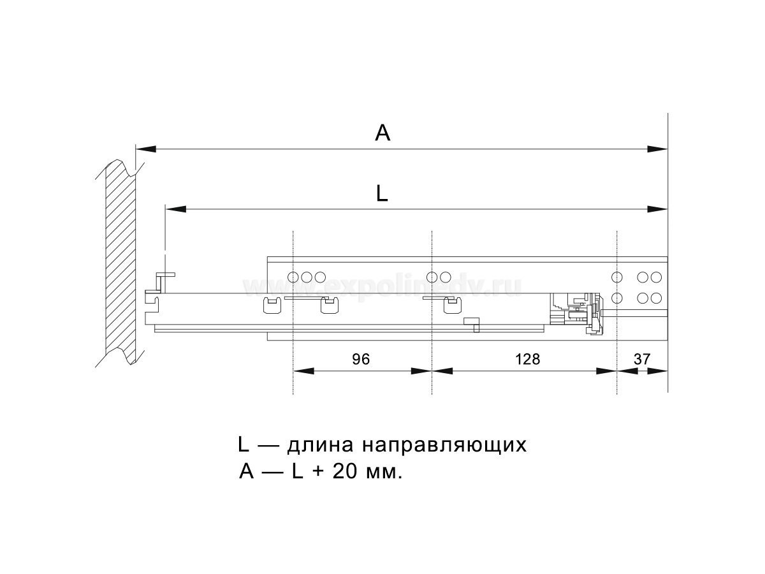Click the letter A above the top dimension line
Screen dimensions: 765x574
pyautogui.click(x=382, y=133)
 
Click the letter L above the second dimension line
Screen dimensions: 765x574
pyautogui.click(x=382, y=193)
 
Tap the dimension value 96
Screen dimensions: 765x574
pyautogui.click(x=361, y=359)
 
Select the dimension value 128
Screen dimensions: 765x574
pyautogui.click(x=527, y=359)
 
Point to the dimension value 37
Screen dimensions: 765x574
pyautogui.click(x=642, y=359)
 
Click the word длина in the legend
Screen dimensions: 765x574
pyautogui.click(x=320, y=445)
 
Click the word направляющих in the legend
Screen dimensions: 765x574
pyautogui.click(x=444, y=446)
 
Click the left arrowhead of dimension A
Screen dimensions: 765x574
pyautogui.click(x=146, y=149)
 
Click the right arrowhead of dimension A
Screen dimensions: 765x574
pyautogui.click(x=657, y=149)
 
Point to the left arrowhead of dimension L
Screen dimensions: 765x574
pyautogui.click(x=176, y=209)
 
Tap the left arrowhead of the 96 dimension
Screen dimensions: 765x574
pyautogui.click(x=303, y=371)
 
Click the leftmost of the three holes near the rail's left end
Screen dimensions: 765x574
pyautogui.click(x=293, y=277)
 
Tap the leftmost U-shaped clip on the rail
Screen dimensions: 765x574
pyautogui.click(x=272, y=305)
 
